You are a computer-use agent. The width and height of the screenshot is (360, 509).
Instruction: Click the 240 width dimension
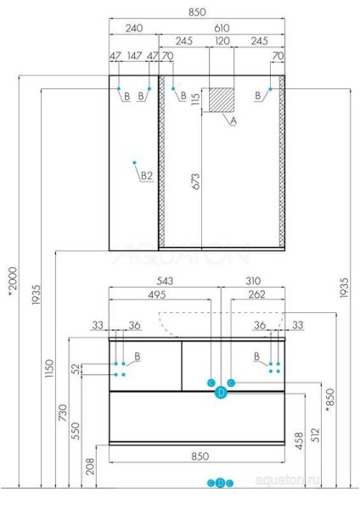133,29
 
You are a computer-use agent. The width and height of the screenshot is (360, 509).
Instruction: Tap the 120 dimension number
223,42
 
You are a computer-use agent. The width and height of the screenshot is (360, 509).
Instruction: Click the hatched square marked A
223,99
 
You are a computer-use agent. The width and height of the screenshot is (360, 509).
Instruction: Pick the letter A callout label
233,121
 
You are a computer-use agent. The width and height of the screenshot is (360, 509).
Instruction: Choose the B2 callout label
146,176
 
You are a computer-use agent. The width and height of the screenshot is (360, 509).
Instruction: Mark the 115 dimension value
195,99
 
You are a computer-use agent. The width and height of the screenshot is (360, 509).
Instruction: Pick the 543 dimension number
166,280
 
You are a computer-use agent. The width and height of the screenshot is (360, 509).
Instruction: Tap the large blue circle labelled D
221,392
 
